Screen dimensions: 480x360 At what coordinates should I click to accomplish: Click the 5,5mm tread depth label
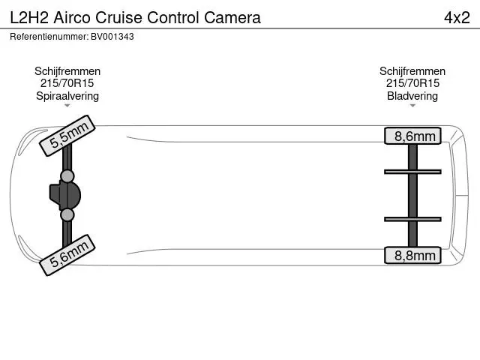(67, 136)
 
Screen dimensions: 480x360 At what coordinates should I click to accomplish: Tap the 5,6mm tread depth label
(67, 255)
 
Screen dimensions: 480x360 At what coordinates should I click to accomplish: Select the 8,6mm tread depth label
(412, 136)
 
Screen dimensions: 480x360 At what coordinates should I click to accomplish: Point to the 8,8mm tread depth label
(412, 255)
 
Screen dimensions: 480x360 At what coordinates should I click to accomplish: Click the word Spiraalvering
(67, 96)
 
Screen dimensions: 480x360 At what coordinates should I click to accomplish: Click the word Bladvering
(412, 96)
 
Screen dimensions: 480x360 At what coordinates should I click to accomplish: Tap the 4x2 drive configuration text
(457, 17)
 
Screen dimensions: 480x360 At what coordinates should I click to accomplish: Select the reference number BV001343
(112, 37)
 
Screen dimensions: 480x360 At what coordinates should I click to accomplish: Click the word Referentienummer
(49, 37)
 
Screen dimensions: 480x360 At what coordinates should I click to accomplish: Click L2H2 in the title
(29, 17)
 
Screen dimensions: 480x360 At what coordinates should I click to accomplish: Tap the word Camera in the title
(232, 17)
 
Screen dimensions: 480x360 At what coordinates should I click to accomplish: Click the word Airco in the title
(73, 17)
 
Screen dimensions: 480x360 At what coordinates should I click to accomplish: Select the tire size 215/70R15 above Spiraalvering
(67, 83)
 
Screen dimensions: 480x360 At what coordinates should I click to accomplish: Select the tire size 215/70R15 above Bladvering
(412, 83)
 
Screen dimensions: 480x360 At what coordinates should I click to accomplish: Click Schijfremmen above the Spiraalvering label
(67, 71)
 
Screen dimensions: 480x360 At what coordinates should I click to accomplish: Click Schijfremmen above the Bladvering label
(412, 71)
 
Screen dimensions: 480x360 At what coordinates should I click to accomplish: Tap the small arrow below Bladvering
(412, 106)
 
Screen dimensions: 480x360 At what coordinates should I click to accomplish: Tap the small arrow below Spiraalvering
(67, 106)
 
